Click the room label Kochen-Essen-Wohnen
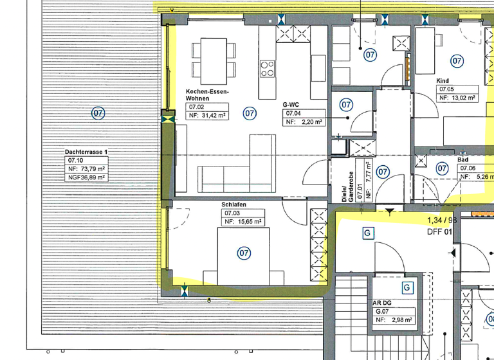click(207, 95)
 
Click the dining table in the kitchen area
click(212, 58)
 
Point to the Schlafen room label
click(235, 204)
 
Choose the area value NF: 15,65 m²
click(243, 221)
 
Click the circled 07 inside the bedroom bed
click(244, 253)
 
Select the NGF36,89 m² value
click(86, 177)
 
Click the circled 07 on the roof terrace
click(98, 114)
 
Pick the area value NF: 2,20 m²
click(304, 121)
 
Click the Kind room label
click(443, 80)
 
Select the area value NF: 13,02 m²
click(457, 98)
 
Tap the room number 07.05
click(447, 89)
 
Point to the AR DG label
click(382, 302)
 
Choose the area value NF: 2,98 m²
click(394, 319)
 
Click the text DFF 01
click(441, 231)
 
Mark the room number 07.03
click(232, 213)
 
